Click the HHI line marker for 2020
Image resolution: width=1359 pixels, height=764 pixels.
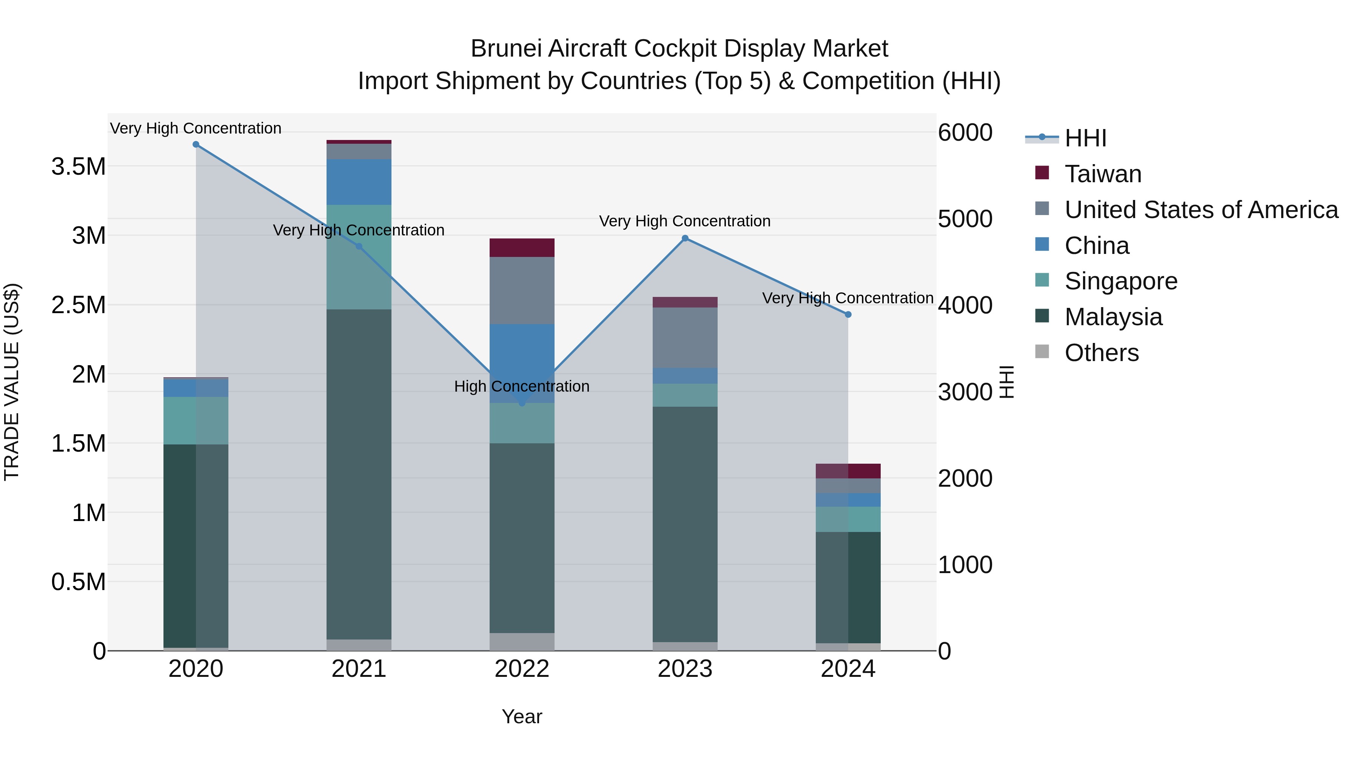[196, 144]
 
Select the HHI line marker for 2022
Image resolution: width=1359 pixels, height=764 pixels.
[522, 403]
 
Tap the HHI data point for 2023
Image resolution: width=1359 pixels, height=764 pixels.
[685, 238]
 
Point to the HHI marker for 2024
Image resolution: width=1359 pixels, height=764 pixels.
[848, 315]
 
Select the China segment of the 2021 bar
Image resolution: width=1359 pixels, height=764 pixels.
[359, 182]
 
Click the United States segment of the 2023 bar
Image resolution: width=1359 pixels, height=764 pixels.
[685, 337]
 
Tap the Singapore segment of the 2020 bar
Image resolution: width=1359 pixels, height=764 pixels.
[196, 420]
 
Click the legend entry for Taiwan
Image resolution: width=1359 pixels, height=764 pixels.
[1103, 174]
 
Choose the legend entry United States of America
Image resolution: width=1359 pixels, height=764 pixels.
[1201, 210]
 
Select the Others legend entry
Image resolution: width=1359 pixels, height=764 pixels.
[1101, 353]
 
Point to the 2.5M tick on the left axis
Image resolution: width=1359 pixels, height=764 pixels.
[78, 305]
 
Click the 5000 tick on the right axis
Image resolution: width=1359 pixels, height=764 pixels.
[965, 219]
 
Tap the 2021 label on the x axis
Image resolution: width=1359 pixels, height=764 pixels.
[359, 669]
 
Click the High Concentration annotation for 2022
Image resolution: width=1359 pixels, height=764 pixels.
[521, 386]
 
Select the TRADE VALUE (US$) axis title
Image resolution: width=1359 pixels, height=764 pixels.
[12, 382]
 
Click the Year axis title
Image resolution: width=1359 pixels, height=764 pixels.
[522, 716]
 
